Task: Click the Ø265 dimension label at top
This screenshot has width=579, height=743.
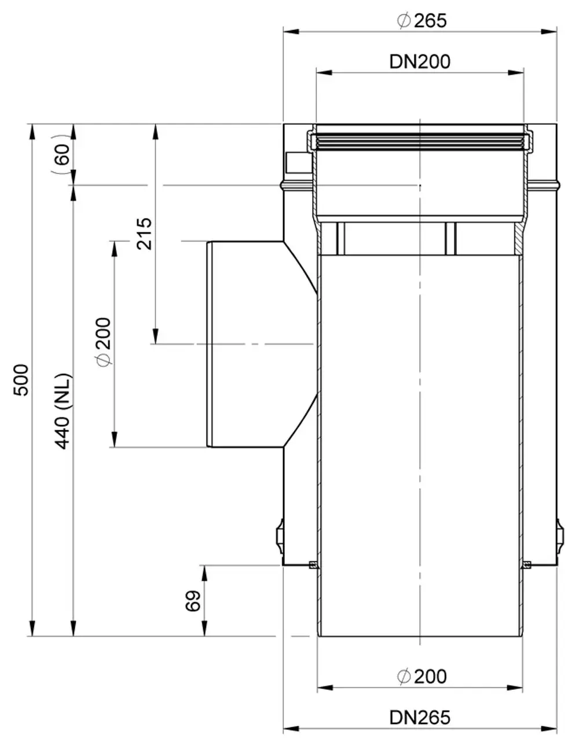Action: pos(422,21)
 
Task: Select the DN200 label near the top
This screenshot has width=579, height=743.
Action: pos(419,62)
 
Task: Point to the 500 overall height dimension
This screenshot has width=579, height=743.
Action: pos(21,380)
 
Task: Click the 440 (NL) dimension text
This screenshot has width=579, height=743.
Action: pos(63,411)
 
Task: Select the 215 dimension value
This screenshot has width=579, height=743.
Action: pos(144,234)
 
